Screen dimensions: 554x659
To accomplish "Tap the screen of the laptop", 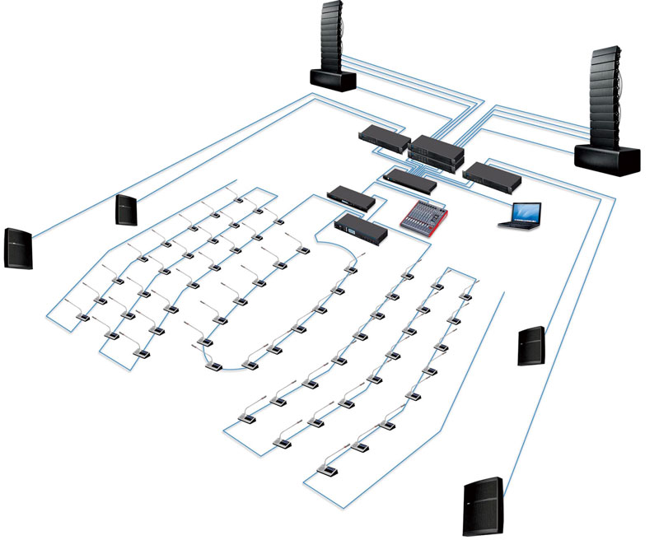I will click(525, 212).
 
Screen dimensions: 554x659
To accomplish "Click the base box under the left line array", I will click(333, 79).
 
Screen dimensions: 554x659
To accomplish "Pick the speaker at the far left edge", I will click(19, 246).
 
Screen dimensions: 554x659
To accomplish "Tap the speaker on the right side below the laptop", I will click(531, 346).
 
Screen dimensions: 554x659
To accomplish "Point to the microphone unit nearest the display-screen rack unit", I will click(352, 268).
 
